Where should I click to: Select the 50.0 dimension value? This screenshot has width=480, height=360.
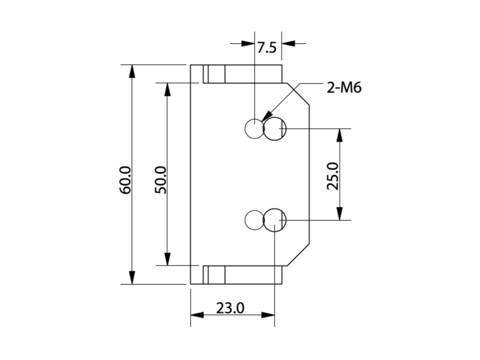tap(162, 180)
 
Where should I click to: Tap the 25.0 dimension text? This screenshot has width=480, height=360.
tap(333, 174)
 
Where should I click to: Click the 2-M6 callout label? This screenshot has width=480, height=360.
tap(344, 89)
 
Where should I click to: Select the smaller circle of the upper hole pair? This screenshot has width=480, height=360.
tap(254, 129)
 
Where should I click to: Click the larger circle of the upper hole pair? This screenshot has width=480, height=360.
tap(274, 129)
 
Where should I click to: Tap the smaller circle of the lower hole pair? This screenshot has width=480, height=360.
tap(254, 220)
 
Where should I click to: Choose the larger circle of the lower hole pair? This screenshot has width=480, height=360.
tap(274, 220)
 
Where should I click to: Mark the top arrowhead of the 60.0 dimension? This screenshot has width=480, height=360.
tap(132, 70)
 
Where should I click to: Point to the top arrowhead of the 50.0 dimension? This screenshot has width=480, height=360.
tap(167, 89)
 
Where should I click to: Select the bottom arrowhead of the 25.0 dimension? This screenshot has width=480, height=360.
tap(339, 214)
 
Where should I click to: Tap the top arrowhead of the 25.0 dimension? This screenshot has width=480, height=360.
tap(339, 135)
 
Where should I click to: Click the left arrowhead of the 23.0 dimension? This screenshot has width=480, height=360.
tap(197, 315)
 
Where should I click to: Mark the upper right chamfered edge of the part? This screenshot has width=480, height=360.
tap(298, 94)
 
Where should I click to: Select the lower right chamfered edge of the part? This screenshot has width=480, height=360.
tap(298, 254)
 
